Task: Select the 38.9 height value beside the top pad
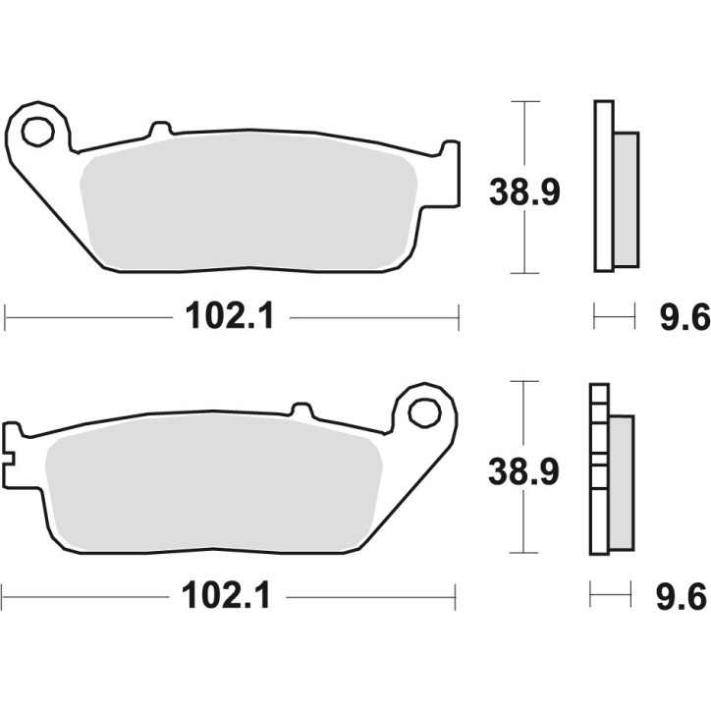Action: point(524,192)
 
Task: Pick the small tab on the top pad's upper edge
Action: point(159,129)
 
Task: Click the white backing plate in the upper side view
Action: point(602,187)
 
